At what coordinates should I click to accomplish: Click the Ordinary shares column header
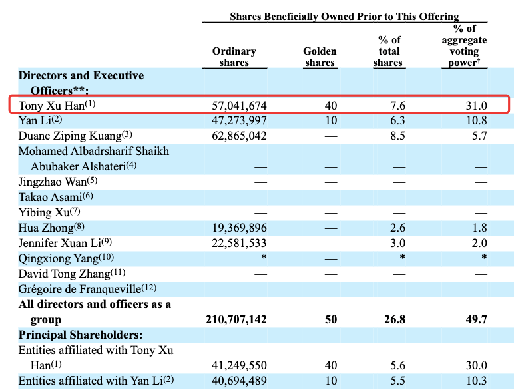click(x=234, y=57)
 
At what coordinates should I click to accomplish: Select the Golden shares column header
click(x=320, y=57)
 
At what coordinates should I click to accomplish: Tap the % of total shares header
click(x=389, y=51)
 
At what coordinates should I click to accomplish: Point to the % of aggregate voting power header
click(x=464, y=45)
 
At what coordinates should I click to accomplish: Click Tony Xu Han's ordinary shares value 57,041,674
click(x=239, y=106)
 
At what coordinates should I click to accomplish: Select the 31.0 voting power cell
click(x=477, y=106)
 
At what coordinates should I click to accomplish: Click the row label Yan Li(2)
click(x=40, y=120)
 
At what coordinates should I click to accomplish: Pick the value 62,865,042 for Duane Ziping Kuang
click(x=239, y=136)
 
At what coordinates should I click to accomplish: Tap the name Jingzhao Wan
click(x=58, y=181)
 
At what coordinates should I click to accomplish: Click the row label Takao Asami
click(x=55, y=196)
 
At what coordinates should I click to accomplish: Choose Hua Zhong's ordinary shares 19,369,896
click(x=239, y=228)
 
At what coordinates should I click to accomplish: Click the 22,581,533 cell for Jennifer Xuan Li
click(x=239, y=243)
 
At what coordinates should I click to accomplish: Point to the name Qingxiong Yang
click(x=66, y=258)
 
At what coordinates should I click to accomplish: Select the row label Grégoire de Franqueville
click(x=87, y=289)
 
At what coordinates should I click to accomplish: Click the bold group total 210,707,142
click(x=236, y=319)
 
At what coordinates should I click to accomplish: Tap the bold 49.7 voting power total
click(x=477, y=319)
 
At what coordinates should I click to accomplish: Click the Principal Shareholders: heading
click(x=81, y=335)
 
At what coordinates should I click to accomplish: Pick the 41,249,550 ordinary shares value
click(x=239, y=365)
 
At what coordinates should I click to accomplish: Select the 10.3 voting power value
click(x=477, y=381)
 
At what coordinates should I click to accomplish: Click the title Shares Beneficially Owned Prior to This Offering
click(x=344, y=17)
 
